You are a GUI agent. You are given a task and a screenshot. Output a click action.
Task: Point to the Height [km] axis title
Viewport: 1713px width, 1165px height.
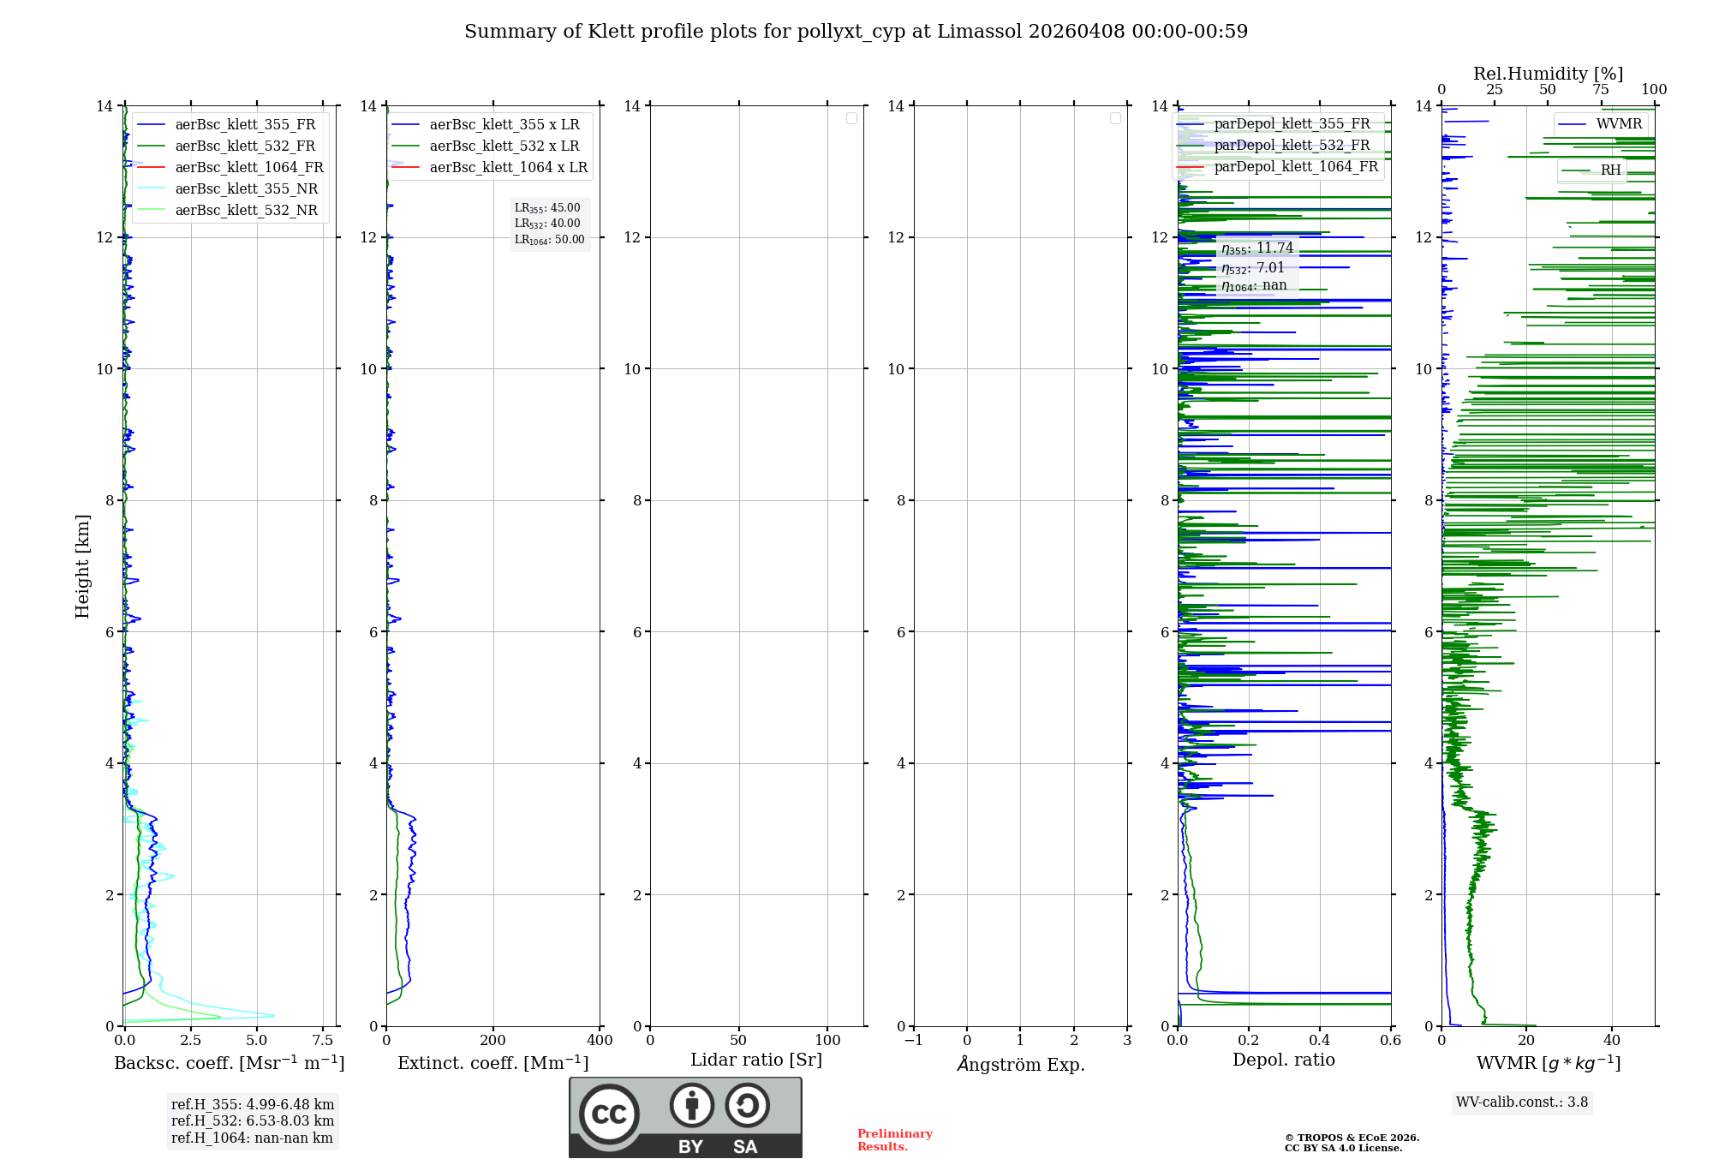(x=82, y=565)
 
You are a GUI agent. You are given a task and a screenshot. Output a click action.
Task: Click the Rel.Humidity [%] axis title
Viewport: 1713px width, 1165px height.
(x=1548, y=74)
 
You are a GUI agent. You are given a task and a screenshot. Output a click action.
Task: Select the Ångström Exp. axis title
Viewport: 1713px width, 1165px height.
(x=1020, y=1064)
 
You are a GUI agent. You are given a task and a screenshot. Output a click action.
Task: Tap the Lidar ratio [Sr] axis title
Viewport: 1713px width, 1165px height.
(x=755, y=1060)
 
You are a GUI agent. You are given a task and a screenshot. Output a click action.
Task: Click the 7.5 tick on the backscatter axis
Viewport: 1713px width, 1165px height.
(x=323, y=1040)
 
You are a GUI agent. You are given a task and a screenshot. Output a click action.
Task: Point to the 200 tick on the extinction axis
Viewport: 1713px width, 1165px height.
(x=492, y=1040)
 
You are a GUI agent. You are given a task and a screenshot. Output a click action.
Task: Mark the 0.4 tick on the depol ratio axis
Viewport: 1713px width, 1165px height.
(x=1320, y=1040)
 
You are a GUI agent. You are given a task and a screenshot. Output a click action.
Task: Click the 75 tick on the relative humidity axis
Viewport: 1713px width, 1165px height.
(x=1601, y=89)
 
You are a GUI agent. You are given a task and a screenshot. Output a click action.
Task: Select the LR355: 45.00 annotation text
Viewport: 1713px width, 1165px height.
(x=547, y=207)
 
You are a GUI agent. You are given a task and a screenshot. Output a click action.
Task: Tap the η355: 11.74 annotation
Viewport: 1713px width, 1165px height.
(x=1257, y=248)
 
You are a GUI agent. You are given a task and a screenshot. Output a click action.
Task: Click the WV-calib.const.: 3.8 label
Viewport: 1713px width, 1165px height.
(x=1522, y=1102)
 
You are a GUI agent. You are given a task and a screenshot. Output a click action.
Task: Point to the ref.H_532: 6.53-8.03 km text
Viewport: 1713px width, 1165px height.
(x=253, y=1120)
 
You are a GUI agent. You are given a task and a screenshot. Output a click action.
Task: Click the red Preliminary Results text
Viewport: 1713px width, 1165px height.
(x=894, y=1139)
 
